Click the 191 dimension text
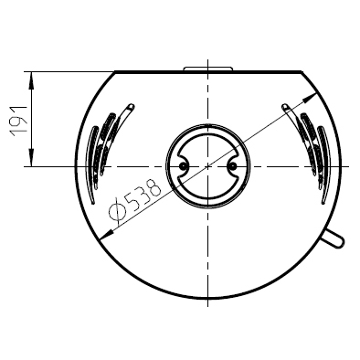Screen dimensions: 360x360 click(x=19, y=122)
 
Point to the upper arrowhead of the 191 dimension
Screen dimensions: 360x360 click(x=31, y=80)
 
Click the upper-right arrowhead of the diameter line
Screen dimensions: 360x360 click(x=310, y=98)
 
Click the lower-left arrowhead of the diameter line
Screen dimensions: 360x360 click(x=106, y=234)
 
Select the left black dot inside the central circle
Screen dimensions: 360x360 click(x=183, y=166)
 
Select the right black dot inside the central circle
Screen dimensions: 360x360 click(x=232, y=166)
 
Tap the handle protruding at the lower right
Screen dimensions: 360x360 click(x=333, y=239)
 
